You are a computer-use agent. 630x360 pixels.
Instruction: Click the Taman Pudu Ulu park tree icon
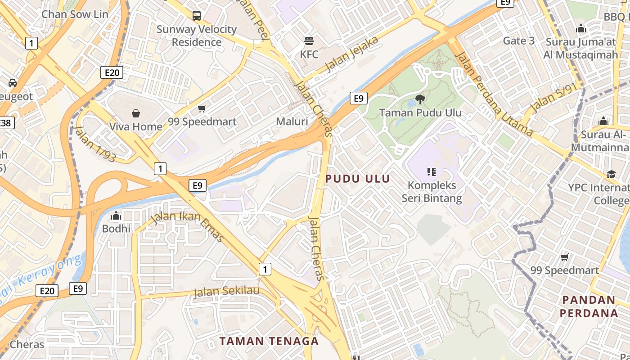point(420,99)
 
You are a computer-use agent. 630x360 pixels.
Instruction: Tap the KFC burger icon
point(309,41)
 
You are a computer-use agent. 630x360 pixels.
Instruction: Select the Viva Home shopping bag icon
point(136,113)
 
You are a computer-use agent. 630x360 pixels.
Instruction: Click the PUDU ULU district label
point(358,179)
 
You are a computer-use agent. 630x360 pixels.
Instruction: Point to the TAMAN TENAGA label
point(269,341)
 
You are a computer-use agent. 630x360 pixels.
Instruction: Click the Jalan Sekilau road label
point(226,292)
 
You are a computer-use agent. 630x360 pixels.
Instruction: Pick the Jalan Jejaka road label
point(352,55)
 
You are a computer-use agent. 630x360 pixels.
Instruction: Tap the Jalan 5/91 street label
point(553,99)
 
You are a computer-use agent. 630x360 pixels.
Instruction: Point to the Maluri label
point(292,121)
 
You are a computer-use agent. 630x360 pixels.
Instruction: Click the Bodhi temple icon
point(116,216)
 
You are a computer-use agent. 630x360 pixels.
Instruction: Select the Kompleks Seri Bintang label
point(432,192)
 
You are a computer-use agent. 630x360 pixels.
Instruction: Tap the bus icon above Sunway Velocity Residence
point(197,16)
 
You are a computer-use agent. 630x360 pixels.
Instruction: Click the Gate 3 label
point(519,41)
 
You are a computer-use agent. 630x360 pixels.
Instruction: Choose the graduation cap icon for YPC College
point(611,174)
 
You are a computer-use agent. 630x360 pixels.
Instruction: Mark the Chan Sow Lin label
point(75,14)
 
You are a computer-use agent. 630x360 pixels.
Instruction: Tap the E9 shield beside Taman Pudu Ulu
point(358,98)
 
